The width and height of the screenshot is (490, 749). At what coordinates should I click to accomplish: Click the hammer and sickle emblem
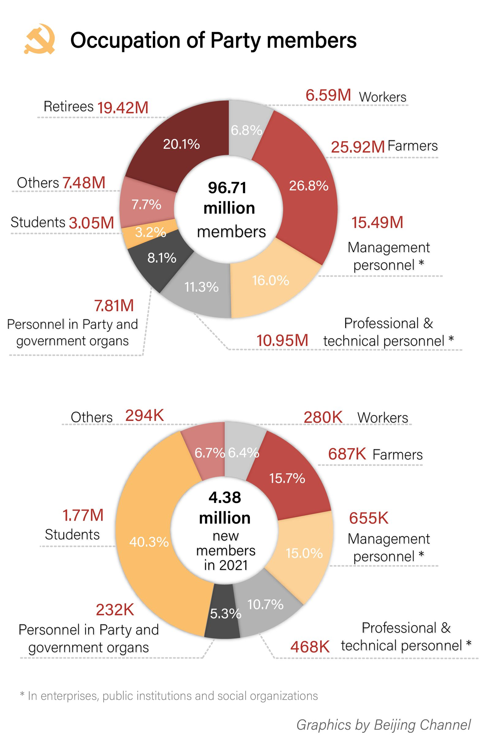point(40,39)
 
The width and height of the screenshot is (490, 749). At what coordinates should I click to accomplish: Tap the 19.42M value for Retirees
point(123,108)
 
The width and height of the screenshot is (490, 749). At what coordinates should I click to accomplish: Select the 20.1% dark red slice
point(181,144)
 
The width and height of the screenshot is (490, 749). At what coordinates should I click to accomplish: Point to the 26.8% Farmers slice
point(309,186)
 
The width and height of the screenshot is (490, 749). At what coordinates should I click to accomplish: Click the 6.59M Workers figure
point(328,95)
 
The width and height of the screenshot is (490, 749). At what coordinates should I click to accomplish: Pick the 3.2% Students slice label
point(150,232)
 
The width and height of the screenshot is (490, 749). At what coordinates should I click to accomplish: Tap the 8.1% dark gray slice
point(162,258)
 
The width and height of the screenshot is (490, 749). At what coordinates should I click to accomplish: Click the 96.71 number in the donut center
point(227,188)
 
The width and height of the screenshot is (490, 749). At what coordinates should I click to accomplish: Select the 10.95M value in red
point(282,340)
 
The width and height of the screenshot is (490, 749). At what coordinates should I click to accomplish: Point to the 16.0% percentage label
point(270,280)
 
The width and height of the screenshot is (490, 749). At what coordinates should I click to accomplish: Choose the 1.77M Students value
point(83,515)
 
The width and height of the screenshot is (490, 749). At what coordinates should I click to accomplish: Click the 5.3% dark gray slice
point(225,614)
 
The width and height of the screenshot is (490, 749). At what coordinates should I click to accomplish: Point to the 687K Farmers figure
point(347,454)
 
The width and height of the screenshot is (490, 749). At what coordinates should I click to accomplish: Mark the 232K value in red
point(115,610)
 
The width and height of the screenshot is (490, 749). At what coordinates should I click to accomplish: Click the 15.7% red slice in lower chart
point(287,478)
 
